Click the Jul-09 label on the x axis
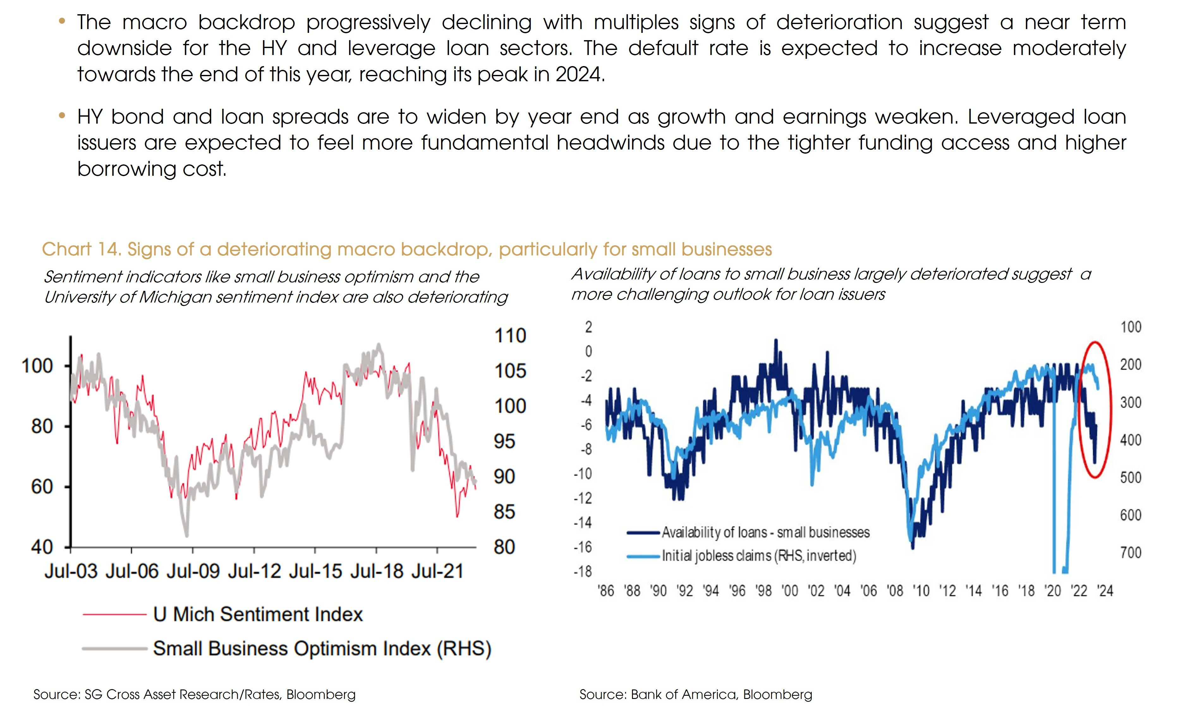[x=193, y=571]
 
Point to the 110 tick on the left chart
[x=510, y=335]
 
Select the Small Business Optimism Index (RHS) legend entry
[x=322, y=649]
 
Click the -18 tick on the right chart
[x=583, y=571]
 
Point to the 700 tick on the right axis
[x=1130, y=553]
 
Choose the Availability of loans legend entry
[x=765, y=532]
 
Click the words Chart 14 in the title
[x=80, y=249]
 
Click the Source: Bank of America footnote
[x=696, y=694]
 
